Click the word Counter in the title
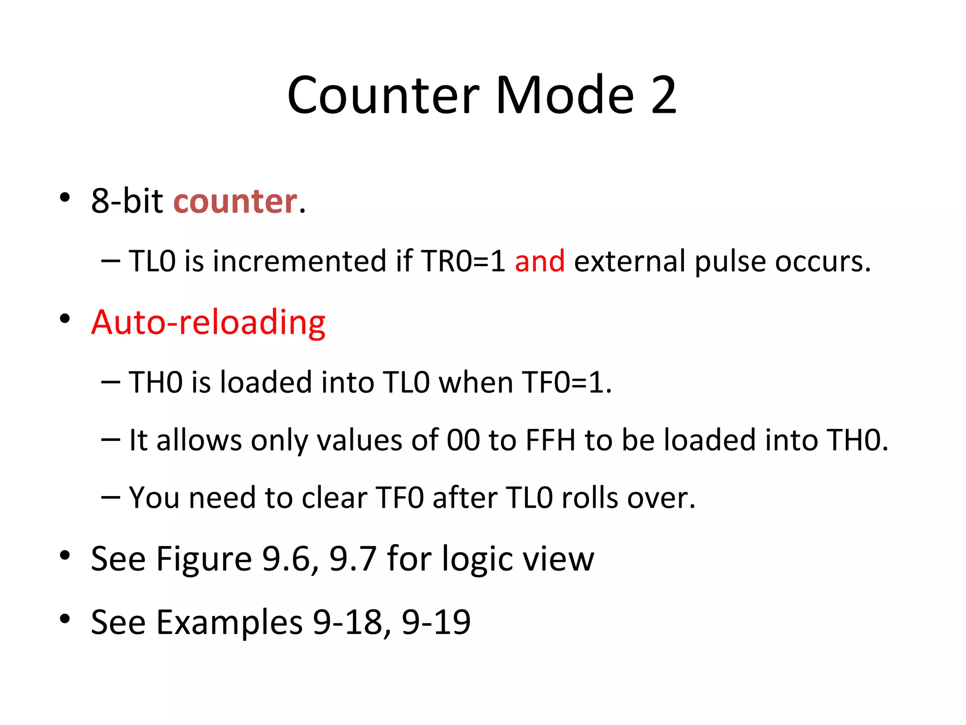click(x=383, y=95)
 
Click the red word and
click(x=540, y=261)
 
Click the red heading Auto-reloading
click(x=208, y=323)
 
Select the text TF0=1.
click(x=566, y=382)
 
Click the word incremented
click(x=300, y=261)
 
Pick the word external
click(x=630, y=261)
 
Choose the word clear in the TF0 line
click(x=334, y=498)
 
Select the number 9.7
click(x=353, y=559)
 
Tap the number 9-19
click(x=436, y=622)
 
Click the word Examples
click(x=229, y=622)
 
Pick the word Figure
click(x=204, y=559)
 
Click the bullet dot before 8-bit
click(x=65, y=197)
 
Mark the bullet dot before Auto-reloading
click(x=65, y=319)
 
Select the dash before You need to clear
click(x=110, y=497)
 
